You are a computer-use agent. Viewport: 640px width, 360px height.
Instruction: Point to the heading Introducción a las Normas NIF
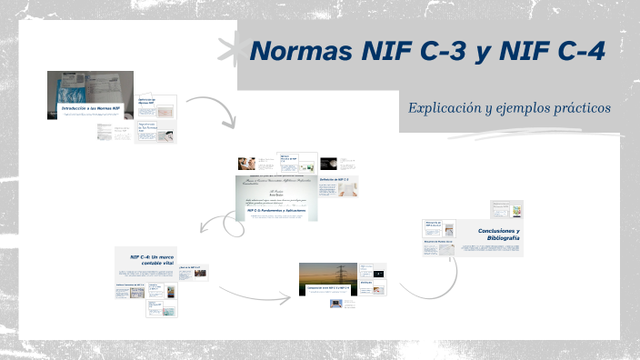coord(89,109)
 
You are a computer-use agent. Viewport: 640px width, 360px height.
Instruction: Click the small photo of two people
coord(245,164)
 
